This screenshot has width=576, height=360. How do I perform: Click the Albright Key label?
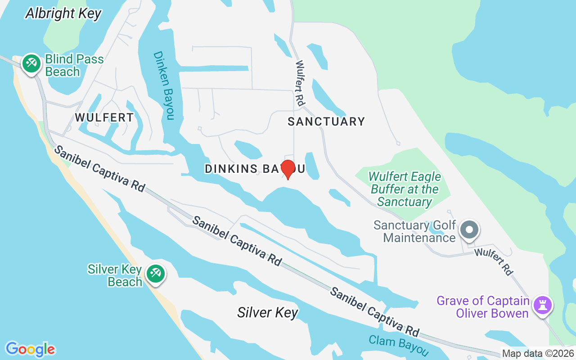pos(63,13)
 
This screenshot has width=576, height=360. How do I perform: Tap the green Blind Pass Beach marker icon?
pos(31,63)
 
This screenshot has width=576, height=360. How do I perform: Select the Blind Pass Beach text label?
pos(74,65)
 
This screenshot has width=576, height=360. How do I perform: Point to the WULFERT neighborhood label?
pos(104,117)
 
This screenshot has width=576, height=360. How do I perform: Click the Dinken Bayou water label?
pos(163,85)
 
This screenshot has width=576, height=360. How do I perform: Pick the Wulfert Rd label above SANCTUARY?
pos(300,84)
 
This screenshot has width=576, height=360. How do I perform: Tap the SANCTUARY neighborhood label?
pos(326,121)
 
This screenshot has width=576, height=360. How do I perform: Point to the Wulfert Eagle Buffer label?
pos(405,189)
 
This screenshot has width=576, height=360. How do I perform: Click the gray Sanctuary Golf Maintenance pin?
pos(469,229)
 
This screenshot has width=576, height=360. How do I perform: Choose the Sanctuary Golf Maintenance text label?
pos(415,231)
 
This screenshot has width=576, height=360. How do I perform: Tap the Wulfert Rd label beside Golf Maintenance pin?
pos(494,262)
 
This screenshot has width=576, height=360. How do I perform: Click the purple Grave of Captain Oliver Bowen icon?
pos(542,306)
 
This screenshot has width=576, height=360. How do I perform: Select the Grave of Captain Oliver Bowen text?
pos(482,307)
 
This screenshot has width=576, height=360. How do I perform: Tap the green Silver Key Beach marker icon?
pos(156,273)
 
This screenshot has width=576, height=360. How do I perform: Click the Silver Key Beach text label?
pos(115,275)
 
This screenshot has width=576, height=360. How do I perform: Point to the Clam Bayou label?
pos(398,346)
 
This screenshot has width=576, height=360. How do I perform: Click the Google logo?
pos(30,349)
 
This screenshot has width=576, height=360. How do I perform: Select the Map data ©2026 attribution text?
pos(538,354)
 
